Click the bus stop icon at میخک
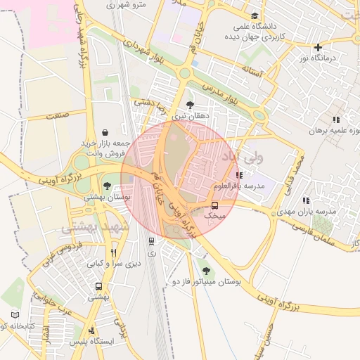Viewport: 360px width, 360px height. [x=214, y=206]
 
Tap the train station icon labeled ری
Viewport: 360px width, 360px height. [x=151, y=241]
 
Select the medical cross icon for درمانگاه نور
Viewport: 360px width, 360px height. [x=318, y=47]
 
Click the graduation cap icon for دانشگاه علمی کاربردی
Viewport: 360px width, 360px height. [x=254, y=16]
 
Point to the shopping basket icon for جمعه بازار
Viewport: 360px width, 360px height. [x=105, y=131]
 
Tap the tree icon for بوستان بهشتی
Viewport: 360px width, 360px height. [x=106, y=186]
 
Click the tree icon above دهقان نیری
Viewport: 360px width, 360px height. [x=190, y=104]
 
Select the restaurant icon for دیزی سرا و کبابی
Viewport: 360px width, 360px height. [x=113, y=252]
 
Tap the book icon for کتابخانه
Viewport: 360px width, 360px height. [x=15, y=315]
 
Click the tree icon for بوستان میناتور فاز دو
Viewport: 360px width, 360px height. [x=205, y=270]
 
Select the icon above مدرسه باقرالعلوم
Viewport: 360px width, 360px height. [x=240, y=175]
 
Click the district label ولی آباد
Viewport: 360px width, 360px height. [x=243, y=157]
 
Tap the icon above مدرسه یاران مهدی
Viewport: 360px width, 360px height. [x=305, y=200]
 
